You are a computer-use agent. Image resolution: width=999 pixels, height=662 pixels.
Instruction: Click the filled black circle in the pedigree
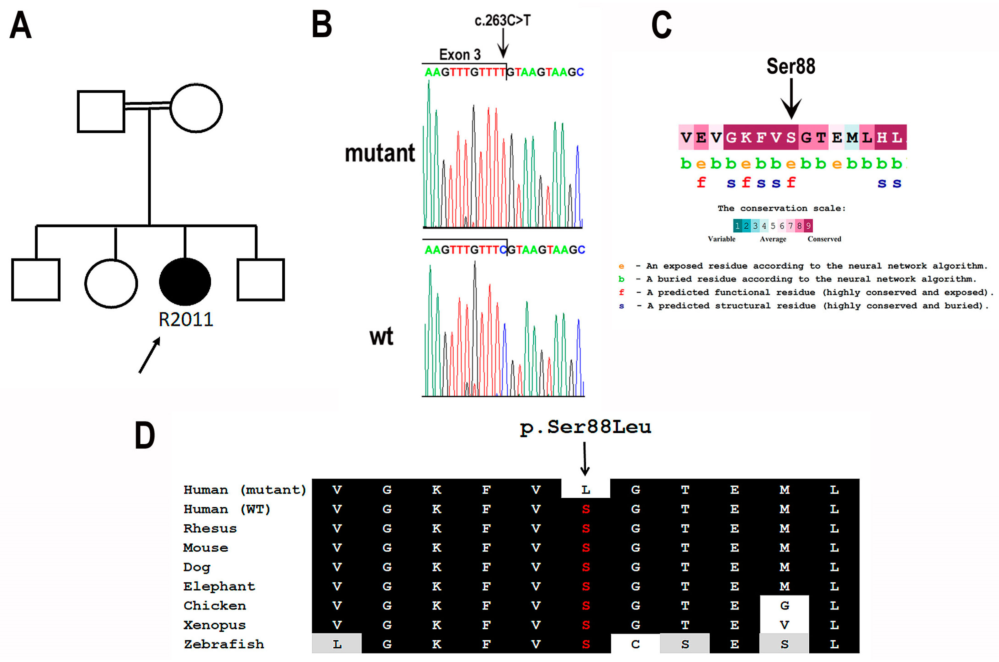(185, 282)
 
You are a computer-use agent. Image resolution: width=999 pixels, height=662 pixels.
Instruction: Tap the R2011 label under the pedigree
(186, 320)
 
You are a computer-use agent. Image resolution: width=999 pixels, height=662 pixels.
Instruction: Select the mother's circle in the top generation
(196, 108)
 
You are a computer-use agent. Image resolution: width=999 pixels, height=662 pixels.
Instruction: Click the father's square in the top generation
(101, 111)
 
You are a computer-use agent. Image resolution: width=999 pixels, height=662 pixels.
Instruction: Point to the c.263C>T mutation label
(502, 20)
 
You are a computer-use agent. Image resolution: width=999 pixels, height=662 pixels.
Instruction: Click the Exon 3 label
(460, 55)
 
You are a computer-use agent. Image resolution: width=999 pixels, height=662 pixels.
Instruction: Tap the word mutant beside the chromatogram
(379, 153)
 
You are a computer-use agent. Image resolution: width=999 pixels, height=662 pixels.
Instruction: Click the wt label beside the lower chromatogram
(381, 336)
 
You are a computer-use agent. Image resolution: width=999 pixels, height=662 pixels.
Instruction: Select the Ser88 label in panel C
(790, 66)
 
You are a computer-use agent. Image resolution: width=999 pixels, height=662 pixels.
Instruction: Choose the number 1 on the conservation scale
(737, 226)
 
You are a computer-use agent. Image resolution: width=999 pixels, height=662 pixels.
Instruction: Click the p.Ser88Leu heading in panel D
(585, 427)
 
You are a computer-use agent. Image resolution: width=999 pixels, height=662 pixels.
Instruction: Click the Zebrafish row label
(224, 644)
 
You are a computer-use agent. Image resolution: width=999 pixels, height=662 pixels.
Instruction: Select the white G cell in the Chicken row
(784, 606)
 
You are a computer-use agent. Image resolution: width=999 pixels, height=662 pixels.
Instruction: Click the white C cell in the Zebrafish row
(635, 644)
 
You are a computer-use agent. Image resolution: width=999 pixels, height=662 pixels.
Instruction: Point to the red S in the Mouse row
(585, 548)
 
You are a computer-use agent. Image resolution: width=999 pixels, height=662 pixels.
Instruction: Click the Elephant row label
(219, 586)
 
